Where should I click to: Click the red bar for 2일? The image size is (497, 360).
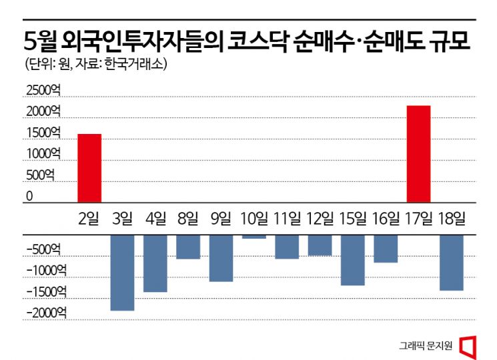pyautogui.click(x=89, y=168)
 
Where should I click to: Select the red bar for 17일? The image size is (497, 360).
pyautogui.click(x=418, y=154)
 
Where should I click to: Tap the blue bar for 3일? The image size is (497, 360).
pyautogui.click(x=122, y=273)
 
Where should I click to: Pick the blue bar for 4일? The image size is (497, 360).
pyautogui.click(x=155, y=263)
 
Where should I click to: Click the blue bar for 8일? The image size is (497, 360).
pyautogui.click(x=188, y=247)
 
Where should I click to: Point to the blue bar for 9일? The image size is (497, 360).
pyautogui.click(x=221, y=258)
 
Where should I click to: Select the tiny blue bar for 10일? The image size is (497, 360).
pyautogui.click(x=254, y=237)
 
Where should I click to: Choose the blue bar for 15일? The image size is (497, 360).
pyautogui.click(x=353, y=260)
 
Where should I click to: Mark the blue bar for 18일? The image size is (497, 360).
pyautogui.click(x=452, y=263)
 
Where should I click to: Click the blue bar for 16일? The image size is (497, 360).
pyautogui.click(x=386, y=249)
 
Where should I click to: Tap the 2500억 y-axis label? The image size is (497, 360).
pyautogui.click(x=44, y=91)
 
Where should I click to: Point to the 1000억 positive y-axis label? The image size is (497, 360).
pyautogui.click(x=44, y=154)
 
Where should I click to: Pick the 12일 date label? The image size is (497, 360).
pyautogui.click(x=320, y=217)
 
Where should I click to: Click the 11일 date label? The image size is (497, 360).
pyautogui.click(x=287, y=217)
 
